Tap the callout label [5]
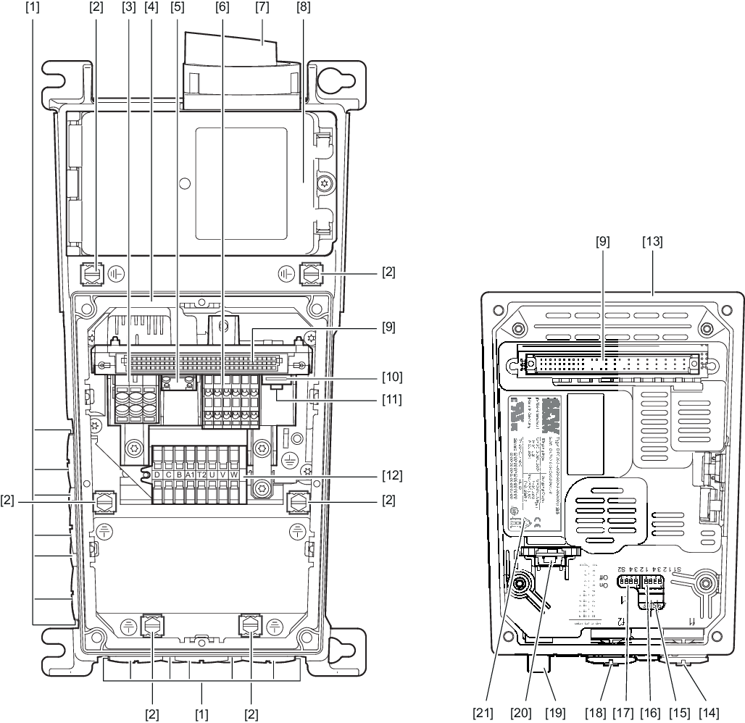177,9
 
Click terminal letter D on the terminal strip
157,475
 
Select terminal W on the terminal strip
233,475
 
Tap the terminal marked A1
190,475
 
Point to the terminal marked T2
201,475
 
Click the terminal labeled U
212,475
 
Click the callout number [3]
129,9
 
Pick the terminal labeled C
168,475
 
